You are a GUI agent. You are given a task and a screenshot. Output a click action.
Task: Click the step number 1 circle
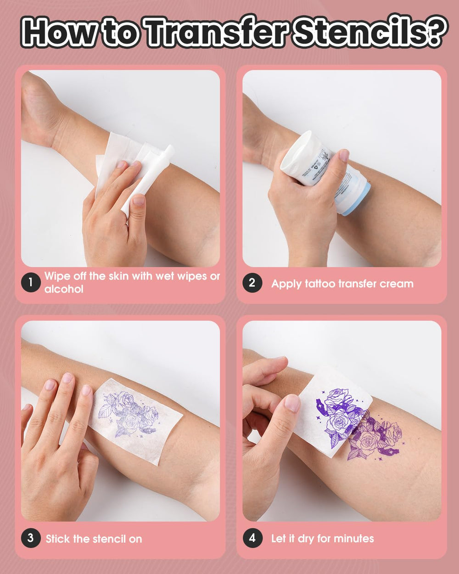(x=31, y=282)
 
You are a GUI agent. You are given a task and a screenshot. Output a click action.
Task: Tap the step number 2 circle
(x=252, y=282)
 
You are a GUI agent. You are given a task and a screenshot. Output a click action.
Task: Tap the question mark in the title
(x=433, y=33)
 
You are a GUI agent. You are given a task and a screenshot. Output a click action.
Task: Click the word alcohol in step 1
(x=64, y=289)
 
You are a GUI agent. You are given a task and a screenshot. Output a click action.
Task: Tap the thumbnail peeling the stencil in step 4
(x=292, y=403)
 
